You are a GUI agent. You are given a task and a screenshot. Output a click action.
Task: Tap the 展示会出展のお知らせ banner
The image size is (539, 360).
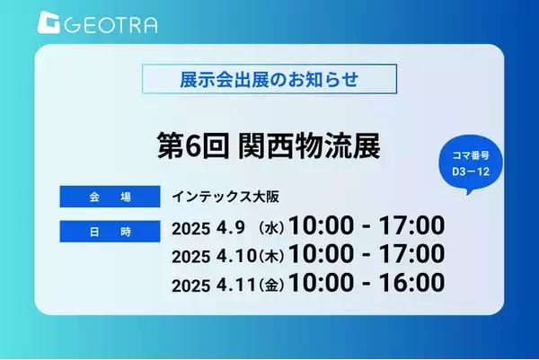click(x=269, y=77)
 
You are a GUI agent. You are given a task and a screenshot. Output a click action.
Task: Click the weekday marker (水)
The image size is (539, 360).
click(x=273, y=224)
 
